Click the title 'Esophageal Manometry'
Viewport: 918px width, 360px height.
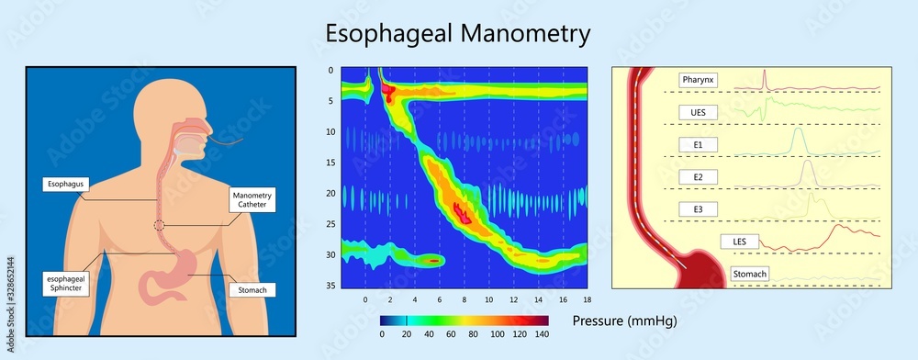pos(458,34)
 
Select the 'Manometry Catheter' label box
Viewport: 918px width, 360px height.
pos(252,198)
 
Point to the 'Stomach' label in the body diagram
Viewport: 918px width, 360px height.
pos(251,290)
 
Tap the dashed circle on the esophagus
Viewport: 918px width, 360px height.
pos(160,225)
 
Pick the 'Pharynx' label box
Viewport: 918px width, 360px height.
pos(698,80)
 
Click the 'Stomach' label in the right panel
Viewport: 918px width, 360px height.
pos(751,274)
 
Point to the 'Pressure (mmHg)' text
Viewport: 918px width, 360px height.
pos(621,321)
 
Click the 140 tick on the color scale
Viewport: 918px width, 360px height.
pos(541,335)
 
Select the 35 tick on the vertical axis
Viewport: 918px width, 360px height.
pos(330,287)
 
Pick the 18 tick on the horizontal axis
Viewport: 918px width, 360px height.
pos(586,299)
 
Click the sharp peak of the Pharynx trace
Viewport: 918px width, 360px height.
pos(765,71)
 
